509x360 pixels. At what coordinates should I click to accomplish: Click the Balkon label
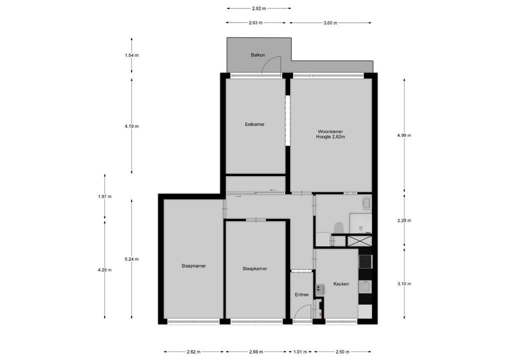pyautogui.click(x=258, y=55)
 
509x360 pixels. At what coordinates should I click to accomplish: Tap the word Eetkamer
pyautogui.click(x=254, y=124)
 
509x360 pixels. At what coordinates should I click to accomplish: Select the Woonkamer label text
pyautogui.click(x=330, y=131)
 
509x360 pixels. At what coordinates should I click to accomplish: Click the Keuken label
pyautogui.click(x=341, y=284)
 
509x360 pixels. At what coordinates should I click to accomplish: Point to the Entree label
pyautogui.click(x=301, y=294)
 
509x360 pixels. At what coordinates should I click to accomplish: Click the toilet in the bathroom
pyautogui.click(x=338, y=228)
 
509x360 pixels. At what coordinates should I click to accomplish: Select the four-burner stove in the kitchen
pyautogui.click(x=365, y=261)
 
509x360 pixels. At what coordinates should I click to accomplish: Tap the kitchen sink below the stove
pyautogui.click(x=365, y=286)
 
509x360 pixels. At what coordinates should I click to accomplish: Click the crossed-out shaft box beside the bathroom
pyautogui.click(x=359, y=240)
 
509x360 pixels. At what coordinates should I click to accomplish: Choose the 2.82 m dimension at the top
pyautogui.click(x=258, y=8)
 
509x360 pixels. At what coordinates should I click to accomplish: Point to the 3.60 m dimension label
pyautogui.click(x=330, y=23)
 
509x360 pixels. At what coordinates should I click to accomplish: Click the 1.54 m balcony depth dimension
pyautogui.click(x=131, y=55)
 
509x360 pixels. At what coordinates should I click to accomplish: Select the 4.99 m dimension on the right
pyautogui.click(x=404, y=135)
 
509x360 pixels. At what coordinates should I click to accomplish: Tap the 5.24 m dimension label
pyautogui.click(x=131, y=259)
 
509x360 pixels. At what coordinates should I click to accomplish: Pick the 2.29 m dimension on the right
pyautogui.click(x=404, y=220)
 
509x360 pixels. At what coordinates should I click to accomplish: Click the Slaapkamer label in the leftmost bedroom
pyautogui.click(x=193, y=266)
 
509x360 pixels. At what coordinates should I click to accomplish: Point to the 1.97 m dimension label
pyautogui.click(x=105, y=196)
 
